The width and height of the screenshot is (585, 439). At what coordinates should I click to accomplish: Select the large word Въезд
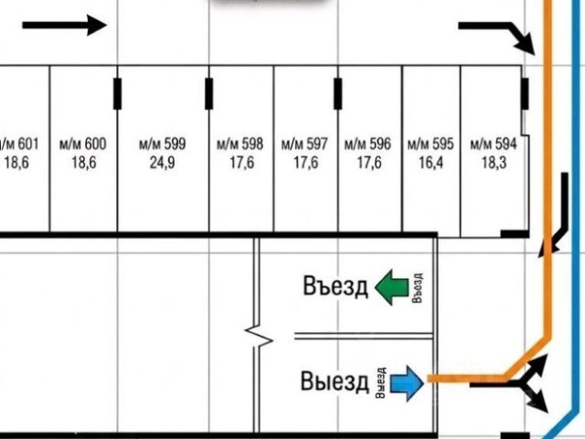click(335, 286)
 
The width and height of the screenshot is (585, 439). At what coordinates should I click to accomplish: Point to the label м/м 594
click(494, 144)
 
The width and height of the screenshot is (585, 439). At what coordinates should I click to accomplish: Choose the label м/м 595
click(431, 144)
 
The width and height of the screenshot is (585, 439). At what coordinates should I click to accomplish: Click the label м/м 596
click(367, 144)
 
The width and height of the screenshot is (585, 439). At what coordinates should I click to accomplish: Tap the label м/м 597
click(304, 144)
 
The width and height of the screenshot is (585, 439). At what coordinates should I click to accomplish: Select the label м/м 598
click(239, 144)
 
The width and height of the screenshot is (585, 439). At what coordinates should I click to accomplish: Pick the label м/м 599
click(163, 144)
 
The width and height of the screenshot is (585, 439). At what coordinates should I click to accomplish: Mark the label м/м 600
click(83, 144)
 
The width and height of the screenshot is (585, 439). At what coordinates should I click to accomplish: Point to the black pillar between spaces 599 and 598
click(209, 93)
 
